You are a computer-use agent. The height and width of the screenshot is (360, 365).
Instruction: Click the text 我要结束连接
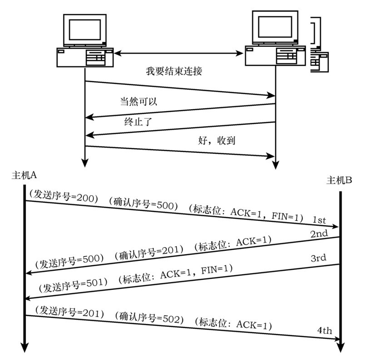(x=173, y=71)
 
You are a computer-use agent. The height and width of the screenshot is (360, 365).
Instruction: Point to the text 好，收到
(x=214, y=141)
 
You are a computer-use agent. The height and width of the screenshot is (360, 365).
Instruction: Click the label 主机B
(x=340, y=180)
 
